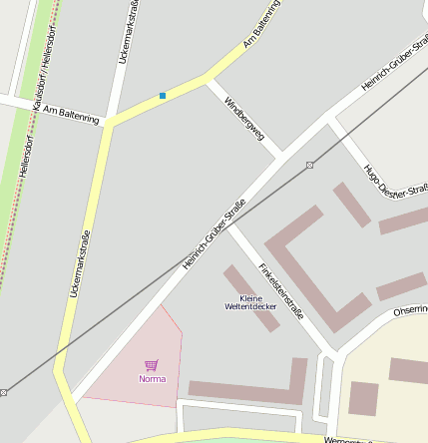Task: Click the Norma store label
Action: [x=152, y=379]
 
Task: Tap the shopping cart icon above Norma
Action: [x=152, y=365]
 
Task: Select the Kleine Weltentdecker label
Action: [x=250, y=302]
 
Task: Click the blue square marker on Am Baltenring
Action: [x=163, y=96]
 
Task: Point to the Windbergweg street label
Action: [x=244, y=118]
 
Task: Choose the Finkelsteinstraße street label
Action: [x=280, y=290]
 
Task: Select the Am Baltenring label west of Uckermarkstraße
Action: [x=72, y=115]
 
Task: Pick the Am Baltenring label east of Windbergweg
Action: [x=262, y=30]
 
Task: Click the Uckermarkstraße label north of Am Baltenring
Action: [x=129, y=34]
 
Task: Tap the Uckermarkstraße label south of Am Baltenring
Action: [x=79, y=264]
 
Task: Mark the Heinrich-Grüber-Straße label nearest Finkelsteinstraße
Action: [x=214, y=234]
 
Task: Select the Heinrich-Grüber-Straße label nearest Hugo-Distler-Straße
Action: [x=394, y=69]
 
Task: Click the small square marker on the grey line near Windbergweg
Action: [x=309, y=165]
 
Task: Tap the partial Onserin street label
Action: [x=410, y=310]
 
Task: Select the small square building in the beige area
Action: [x=363, y=398]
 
